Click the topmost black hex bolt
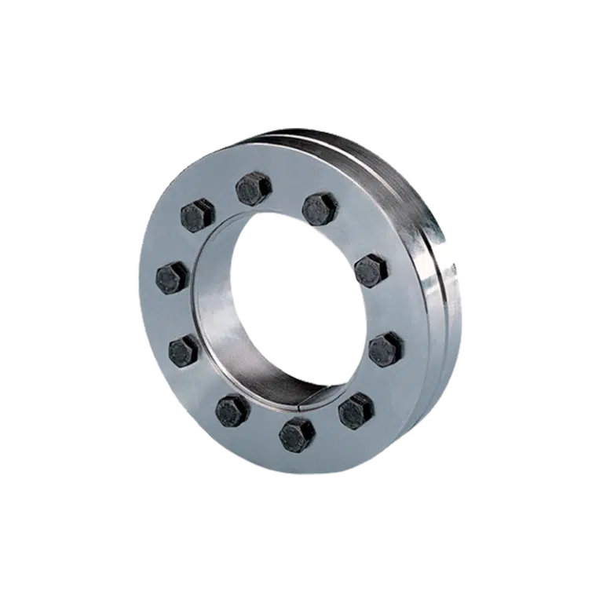coord(254,189)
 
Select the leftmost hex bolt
coord(172,277)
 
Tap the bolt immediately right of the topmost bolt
coord(320,208)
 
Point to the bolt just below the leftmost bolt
coord(185,349)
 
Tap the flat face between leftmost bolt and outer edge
coord(151,283)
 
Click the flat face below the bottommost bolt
coord(298,459)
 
